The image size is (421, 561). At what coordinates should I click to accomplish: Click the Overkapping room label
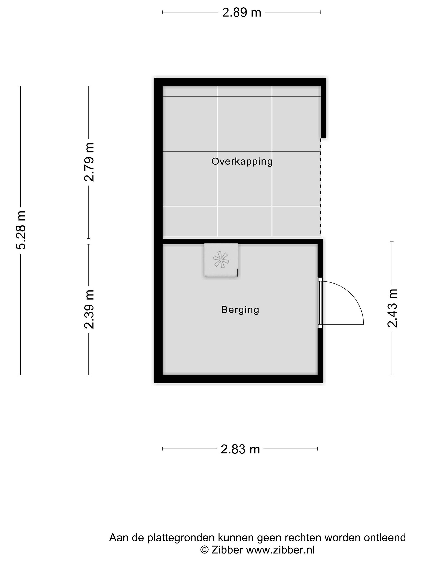(242, 161)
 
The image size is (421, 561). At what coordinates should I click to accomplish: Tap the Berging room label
(240, 310)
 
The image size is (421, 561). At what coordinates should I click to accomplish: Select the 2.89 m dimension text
(241, 12)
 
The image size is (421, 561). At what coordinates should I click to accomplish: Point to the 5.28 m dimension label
(20, 230)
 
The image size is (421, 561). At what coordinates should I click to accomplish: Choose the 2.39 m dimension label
(89, 309)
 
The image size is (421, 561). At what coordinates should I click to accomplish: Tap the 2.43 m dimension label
(392, 308)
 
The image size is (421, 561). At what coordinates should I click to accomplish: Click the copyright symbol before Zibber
(204, 550)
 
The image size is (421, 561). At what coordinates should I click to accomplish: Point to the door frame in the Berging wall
(320, 303)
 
